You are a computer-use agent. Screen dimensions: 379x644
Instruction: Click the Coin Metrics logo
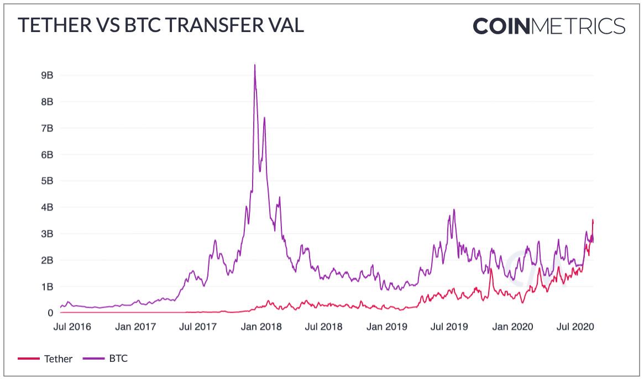click(x=548, y=26)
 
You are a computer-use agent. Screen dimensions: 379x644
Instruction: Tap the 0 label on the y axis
click(x=50, y=313)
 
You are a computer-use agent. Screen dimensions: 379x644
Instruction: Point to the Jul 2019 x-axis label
click(x=449, y=327)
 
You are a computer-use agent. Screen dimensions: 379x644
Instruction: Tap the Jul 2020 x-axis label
click(x=575, y=327)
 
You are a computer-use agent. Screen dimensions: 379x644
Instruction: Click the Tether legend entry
click(x=58, y=359)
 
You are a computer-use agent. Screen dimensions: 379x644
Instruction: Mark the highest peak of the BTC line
click(x=254, y=65)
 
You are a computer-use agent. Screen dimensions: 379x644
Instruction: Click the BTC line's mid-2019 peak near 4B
click(x=454, y=210)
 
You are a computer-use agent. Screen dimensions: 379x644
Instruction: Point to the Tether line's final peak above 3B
click(x=593, y=220)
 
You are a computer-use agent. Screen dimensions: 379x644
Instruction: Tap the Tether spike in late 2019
click(x=490, y=269)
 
